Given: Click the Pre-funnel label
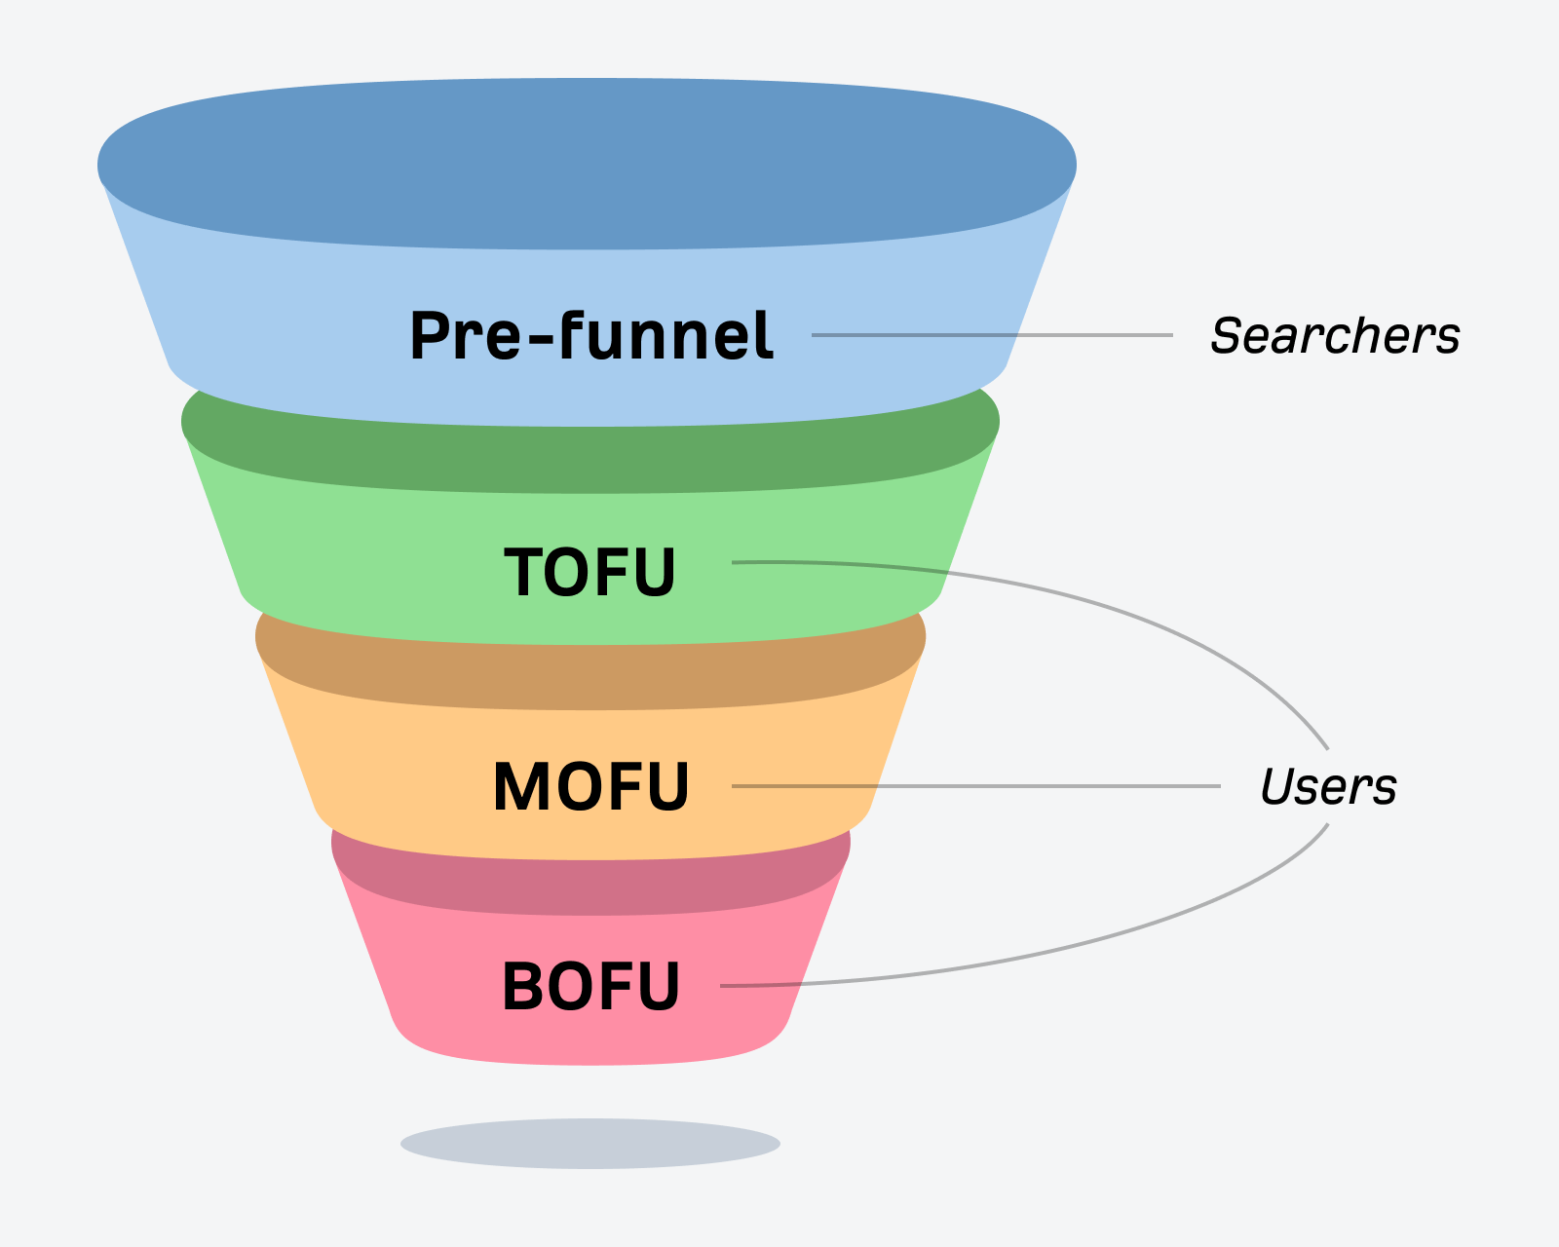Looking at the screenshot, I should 591,336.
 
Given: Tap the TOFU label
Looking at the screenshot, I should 589,572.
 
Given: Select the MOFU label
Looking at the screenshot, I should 591,786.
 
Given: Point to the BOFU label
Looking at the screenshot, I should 590,986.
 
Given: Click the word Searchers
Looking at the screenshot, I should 1334,336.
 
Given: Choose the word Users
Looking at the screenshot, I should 1327,786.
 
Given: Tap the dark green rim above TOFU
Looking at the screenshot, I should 590,458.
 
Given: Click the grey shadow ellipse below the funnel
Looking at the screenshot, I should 590,1143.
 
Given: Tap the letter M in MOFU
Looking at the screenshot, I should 522,786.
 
